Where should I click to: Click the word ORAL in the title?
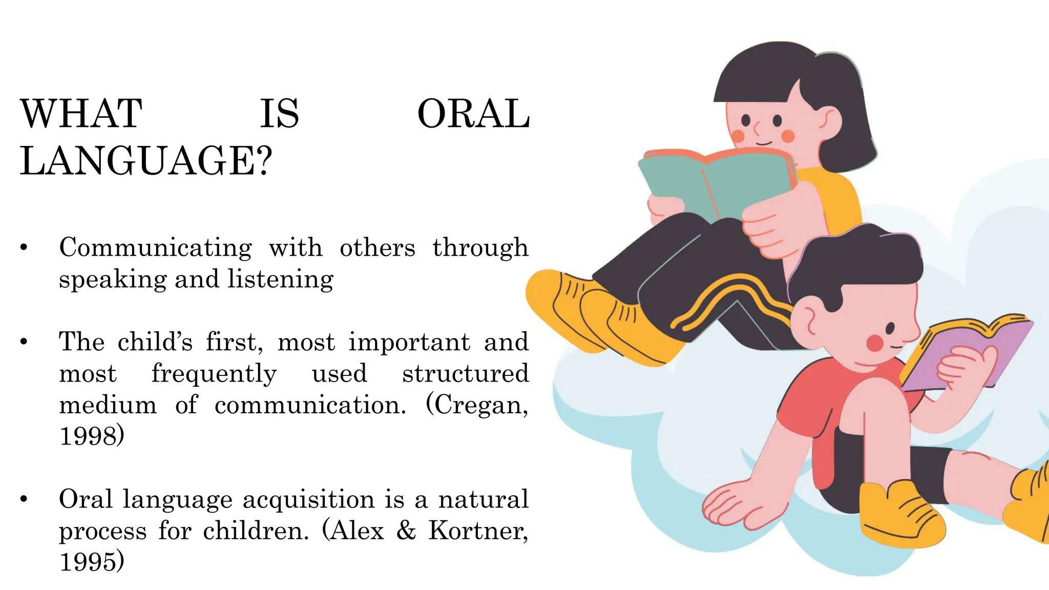tap(473, 114)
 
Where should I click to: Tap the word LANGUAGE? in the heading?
tap(146, 161)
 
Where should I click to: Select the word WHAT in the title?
tap(81, 114)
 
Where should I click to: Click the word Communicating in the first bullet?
tap(155, 248)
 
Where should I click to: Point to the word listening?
tap(280, 280)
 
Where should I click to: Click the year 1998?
tap(91, 436)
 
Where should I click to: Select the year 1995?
tap(91, 562)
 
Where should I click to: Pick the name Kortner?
tap(477, 531)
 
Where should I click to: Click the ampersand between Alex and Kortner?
tap(406, 531)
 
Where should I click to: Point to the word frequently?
tap(214, 374)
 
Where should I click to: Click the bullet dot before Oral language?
tap(24, 499)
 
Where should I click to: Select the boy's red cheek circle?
tap(875, 343)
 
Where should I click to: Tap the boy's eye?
tap(890, 328)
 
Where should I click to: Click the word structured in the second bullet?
tap(465, 374)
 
